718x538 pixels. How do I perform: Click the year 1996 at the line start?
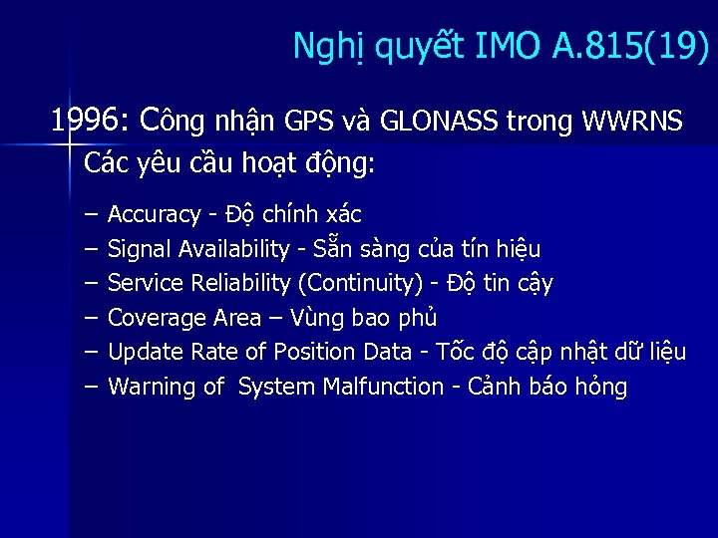pyautogui.click(x=84, y=122)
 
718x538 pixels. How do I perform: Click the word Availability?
pyautogui.click(x=238, y=248)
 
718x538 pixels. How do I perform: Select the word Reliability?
pyautogui.click(x=239, y=283)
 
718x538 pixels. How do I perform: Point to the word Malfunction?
pyautogui.click(x=383, y=387)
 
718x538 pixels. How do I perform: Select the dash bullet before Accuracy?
pyautogui.click(x=92, y=214)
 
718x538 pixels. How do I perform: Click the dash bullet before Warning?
pyautogui.click(x=92, y=387)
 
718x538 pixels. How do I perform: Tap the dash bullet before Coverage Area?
pyautogui.click(x=92, y=318)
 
